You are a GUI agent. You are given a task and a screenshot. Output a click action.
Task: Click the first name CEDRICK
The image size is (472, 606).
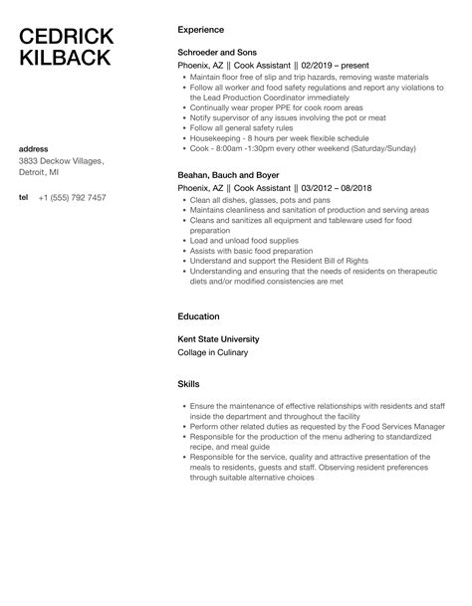tap(67, 36)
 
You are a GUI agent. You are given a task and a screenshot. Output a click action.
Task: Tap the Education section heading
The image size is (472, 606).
tap(198, 317)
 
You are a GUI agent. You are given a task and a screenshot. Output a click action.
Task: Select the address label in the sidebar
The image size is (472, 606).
tap(36, 149)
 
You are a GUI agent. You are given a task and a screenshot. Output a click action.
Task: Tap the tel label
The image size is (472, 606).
tap(24, 197)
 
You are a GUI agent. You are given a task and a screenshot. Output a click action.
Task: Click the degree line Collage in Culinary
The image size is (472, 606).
tap(212, 352)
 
